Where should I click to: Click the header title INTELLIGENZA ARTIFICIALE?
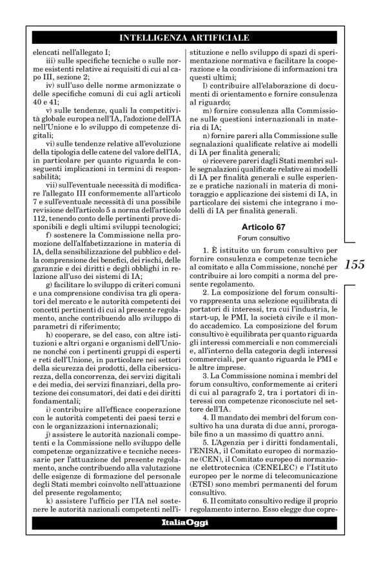tap(187, 38)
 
